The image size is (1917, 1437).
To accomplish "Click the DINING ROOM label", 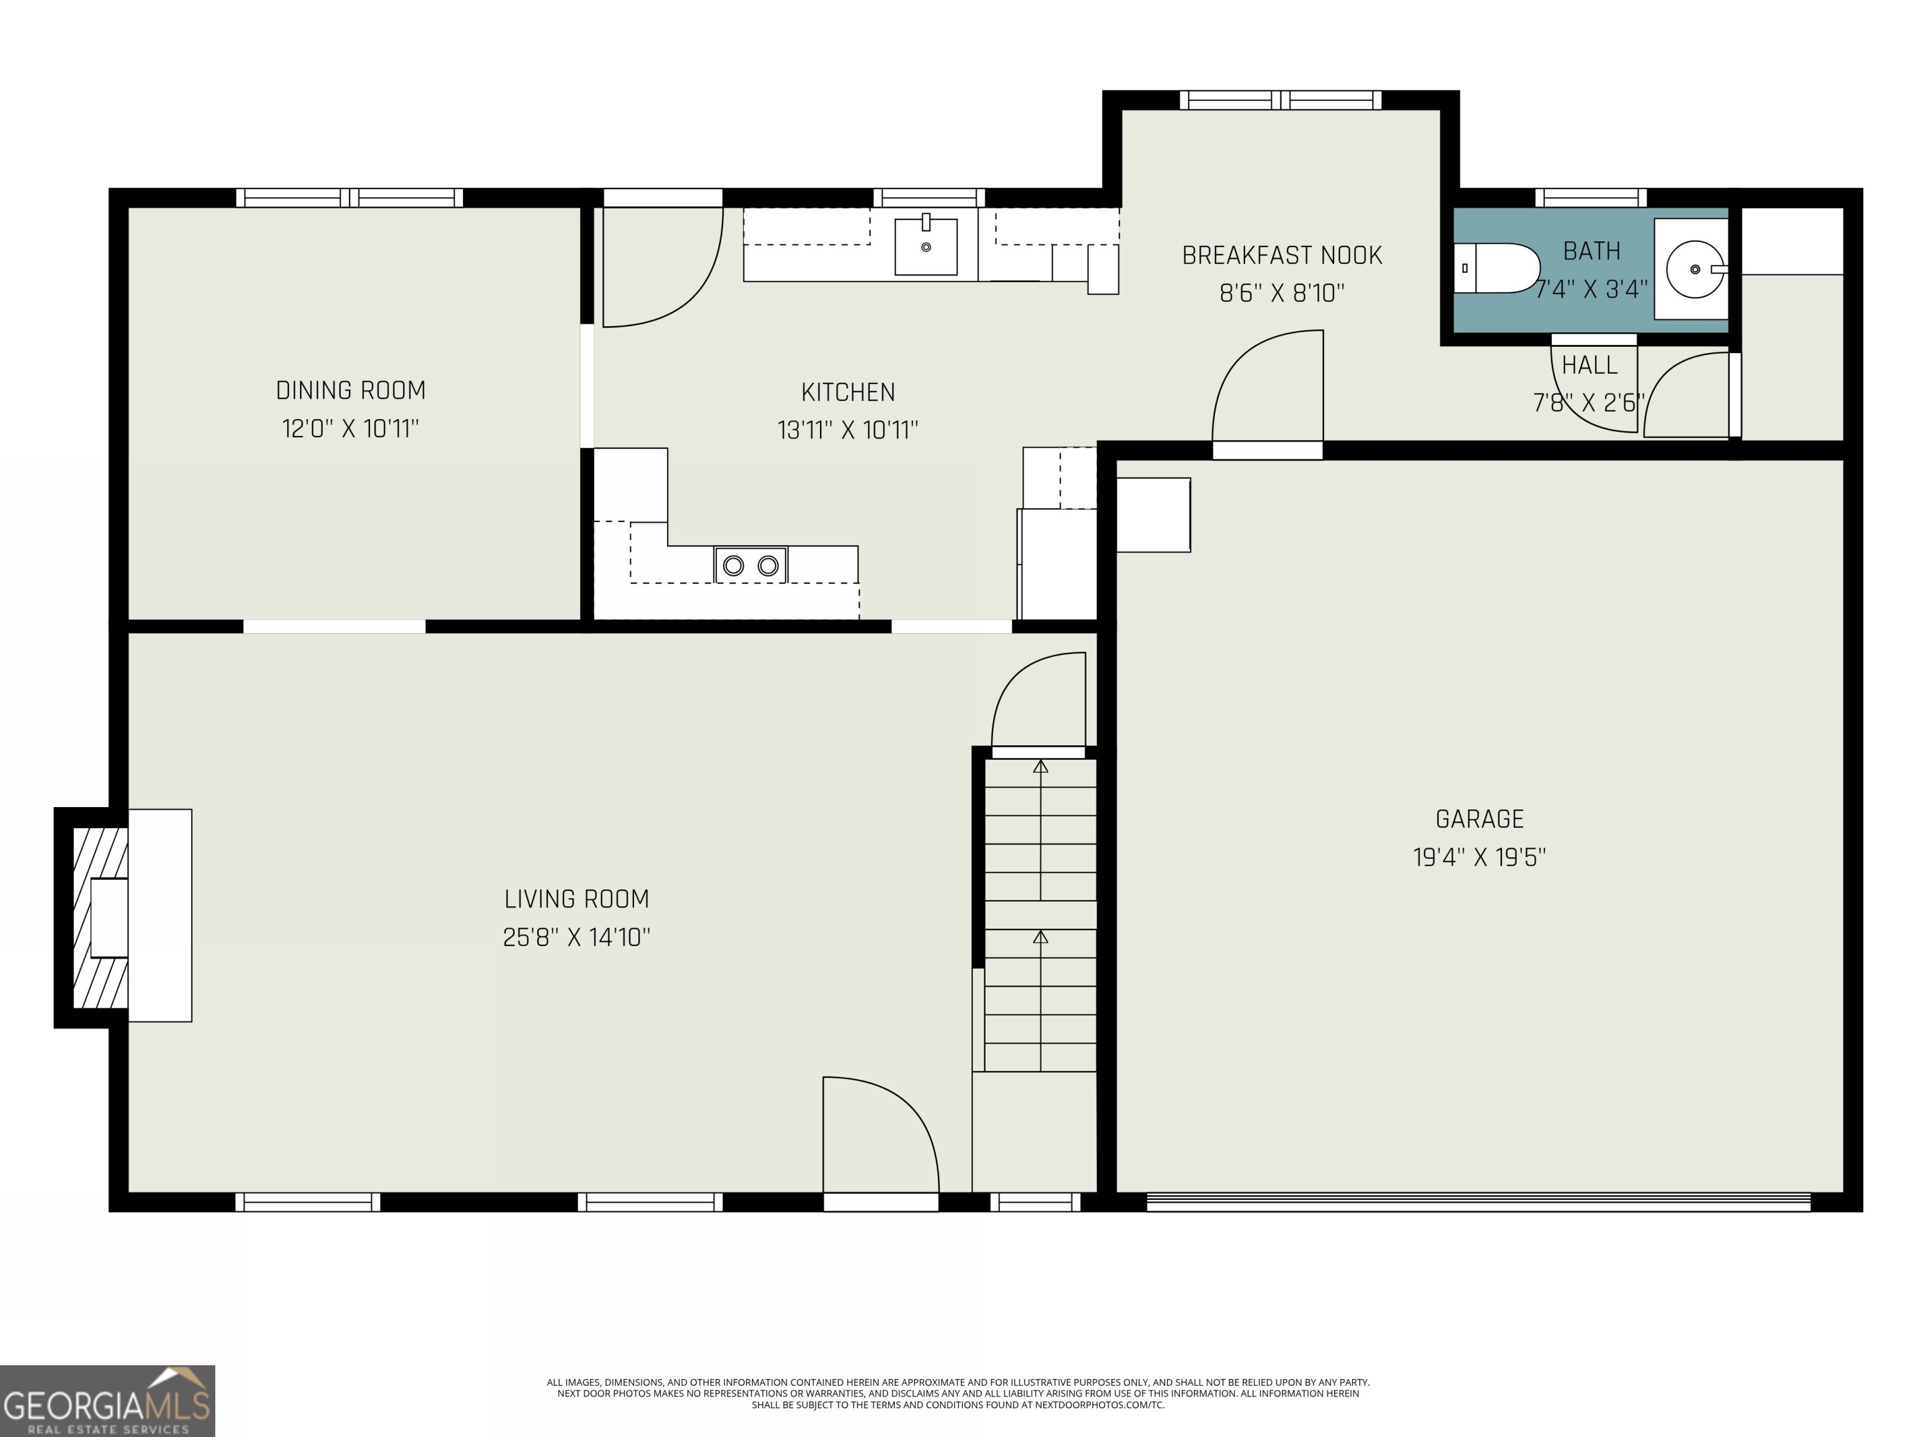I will click(350, 390).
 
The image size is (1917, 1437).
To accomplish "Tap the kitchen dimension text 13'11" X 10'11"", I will click(847, 430).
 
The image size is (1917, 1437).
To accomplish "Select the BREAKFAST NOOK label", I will click(1282, 256).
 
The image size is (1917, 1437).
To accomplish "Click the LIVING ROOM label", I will click(577, 899).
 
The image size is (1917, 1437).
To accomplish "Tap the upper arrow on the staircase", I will click(1040, 767).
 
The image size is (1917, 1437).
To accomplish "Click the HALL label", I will click(1589, 365).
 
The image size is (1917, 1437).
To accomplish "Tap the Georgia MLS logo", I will click(107, 1401).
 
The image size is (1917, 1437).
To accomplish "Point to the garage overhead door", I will click(1478, 1201).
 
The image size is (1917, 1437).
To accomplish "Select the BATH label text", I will click(1591, 251).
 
